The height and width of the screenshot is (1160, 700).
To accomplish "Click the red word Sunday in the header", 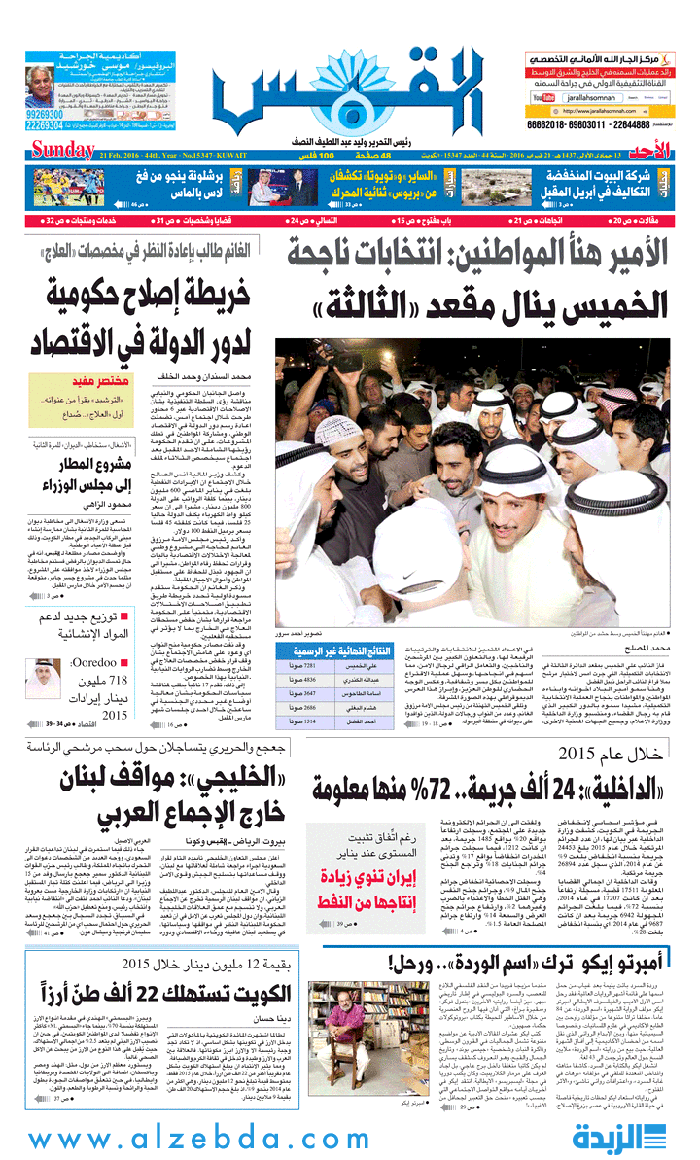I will pos(62,151).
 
